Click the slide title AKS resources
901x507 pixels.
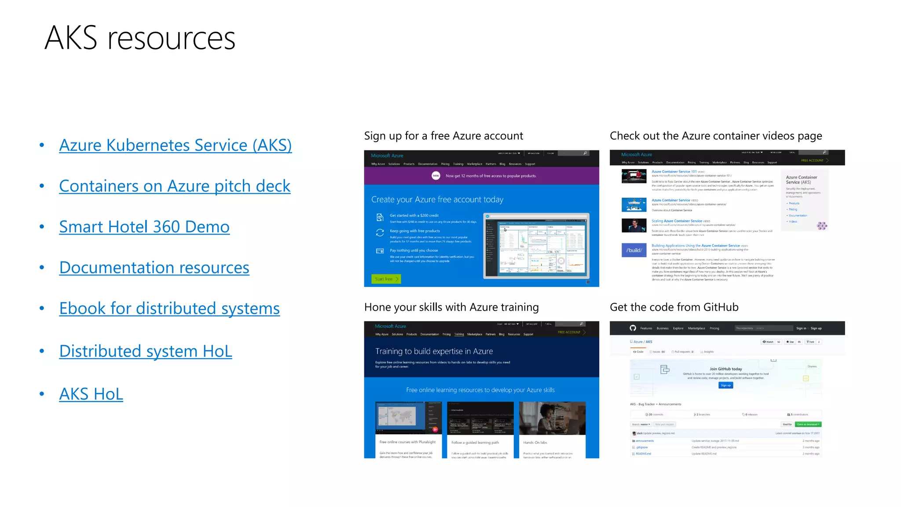coord(140,38)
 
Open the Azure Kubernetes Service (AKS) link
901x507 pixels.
coord(175,145)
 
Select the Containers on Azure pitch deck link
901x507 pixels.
coord(175,186)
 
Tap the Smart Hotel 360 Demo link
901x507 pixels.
coord(144,227)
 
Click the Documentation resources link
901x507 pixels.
coord(154,268)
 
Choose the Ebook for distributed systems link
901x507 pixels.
coord(169,309)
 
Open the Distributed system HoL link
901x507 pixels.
coord(146,351)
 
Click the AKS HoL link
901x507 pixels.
coord(91,394)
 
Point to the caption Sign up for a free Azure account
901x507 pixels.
coord(443,136)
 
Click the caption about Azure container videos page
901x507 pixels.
coord(716,136)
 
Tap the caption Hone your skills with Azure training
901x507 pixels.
coord(451,307)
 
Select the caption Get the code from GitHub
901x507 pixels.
coord(674,307)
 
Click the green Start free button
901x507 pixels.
coord(386,279)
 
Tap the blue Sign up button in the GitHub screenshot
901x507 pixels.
coord(725,386)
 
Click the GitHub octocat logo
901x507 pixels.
coord(633,328)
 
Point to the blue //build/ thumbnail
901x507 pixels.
coord(634,250)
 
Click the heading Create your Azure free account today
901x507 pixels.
coord(437,200)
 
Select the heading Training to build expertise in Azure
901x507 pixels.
coord(434,351)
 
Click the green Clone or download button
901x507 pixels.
coord(808,425)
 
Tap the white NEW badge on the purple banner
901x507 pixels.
coord(436,176)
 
